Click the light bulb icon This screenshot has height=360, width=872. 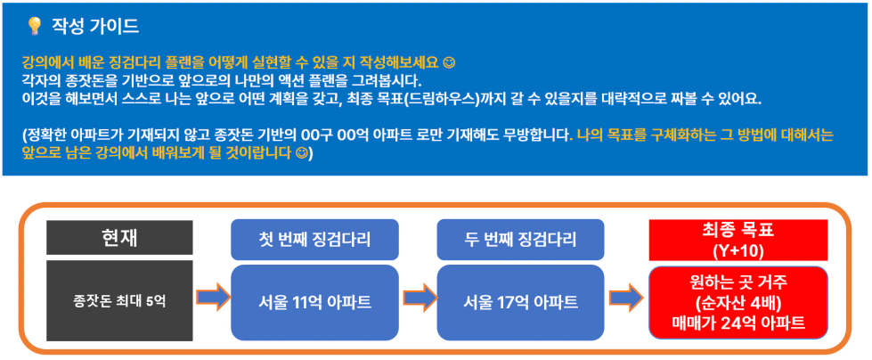click(35, 27)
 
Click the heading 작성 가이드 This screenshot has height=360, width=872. click(95, 26)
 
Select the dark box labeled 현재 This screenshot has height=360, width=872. click(119, 238)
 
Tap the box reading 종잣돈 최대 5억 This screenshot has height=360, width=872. click(119, 300)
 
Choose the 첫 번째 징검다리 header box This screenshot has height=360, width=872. click(314, 240)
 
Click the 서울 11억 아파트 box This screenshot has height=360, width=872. click(314, 303)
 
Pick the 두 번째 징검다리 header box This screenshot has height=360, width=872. click(520, 240)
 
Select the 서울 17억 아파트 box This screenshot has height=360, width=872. click(520, 303)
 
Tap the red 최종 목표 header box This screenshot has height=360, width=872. click(738, 240)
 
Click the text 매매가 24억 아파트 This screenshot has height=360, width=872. click(738, 323)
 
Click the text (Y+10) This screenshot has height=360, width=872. click(738, 250)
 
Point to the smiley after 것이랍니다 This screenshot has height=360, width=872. click(301, 151)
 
